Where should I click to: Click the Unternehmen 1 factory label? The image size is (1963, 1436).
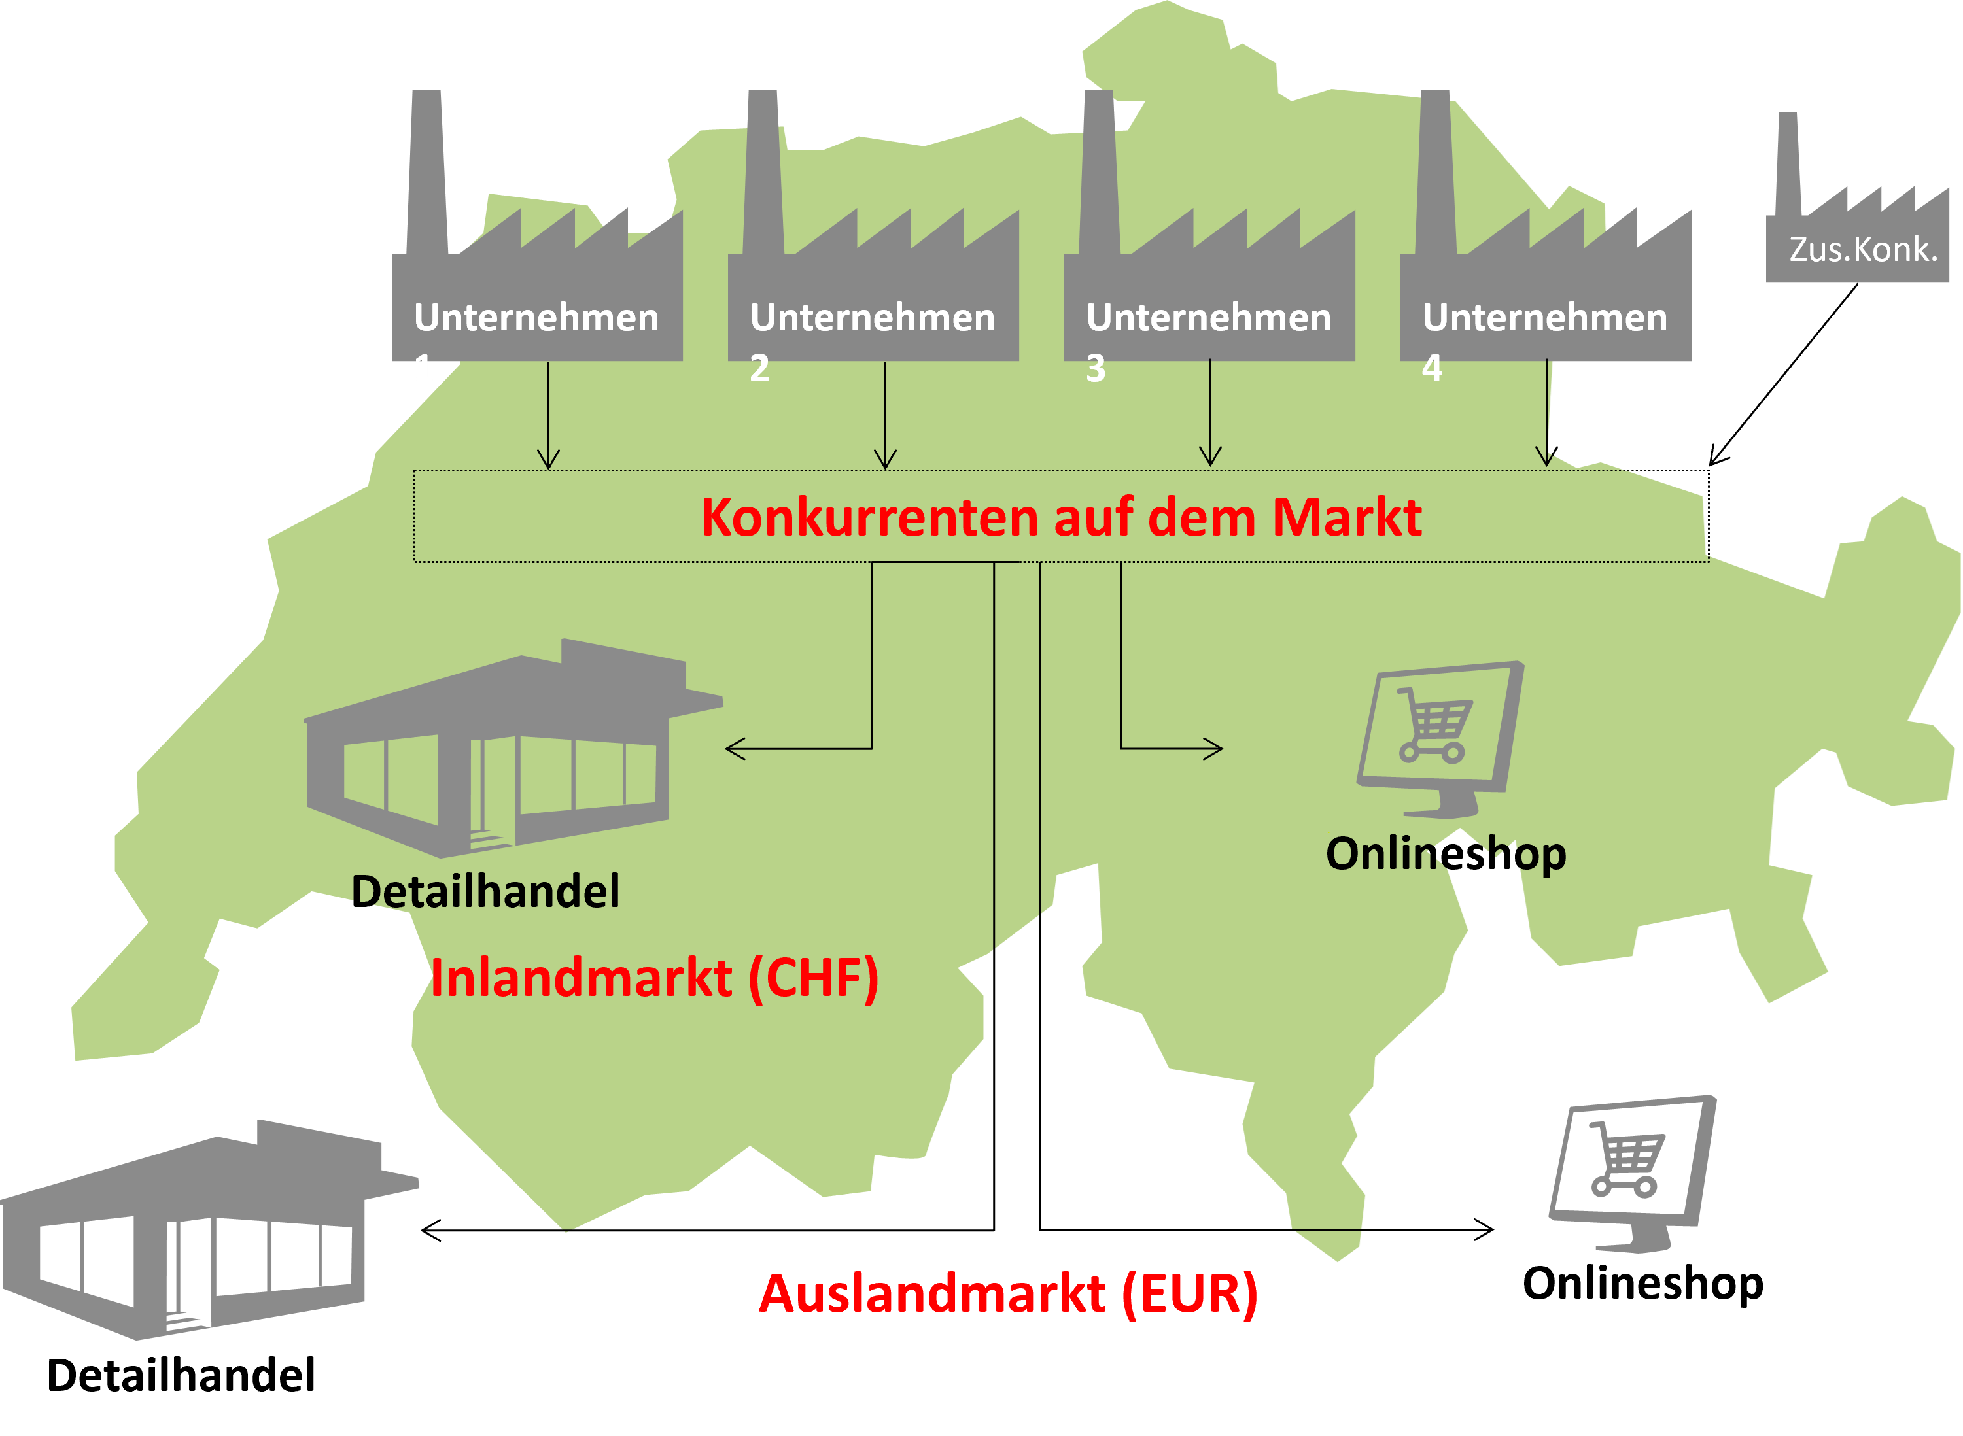pos(536,318)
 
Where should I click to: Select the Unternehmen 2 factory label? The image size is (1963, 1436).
pos(872,318)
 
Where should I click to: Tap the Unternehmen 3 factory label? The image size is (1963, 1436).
pos(1208,318)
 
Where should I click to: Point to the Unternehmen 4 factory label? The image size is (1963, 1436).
pos(1545,318)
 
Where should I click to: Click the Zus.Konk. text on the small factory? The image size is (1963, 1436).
pos(1863,250)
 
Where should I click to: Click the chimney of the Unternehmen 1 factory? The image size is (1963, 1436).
pos(427,174)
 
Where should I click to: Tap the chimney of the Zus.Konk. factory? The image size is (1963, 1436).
pos(1788,165)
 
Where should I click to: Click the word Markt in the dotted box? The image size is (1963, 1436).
pos(1347,518)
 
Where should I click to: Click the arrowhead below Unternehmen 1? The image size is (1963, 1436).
pos(549,461)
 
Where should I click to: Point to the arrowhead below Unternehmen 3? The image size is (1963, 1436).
pos(1210,458)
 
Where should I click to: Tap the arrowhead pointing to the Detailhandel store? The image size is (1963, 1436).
pos(735,749)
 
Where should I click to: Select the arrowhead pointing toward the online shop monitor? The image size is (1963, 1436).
pos(1213,749)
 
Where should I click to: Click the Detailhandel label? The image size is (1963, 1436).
pos(486,892)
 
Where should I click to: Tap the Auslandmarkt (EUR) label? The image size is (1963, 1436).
pos(1009,1294)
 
